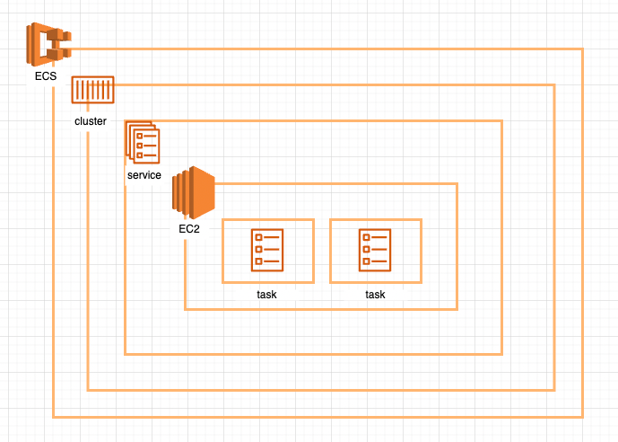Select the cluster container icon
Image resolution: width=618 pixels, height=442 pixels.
92,92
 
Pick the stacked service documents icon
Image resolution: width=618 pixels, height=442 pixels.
142,142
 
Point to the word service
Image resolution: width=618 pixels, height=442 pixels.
144,175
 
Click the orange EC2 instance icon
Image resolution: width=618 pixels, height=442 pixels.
192,192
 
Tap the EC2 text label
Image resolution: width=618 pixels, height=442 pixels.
189,229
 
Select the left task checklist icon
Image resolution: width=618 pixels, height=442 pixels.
267,249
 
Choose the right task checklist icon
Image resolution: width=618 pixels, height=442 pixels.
375,249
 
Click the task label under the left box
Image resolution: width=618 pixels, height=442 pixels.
267,295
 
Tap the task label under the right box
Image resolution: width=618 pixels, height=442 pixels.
375,295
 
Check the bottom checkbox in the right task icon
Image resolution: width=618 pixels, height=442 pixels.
367,261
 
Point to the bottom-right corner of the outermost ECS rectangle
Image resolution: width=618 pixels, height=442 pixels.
583,418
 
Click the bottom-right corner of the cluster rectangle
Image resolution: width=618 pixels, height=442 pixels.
554,391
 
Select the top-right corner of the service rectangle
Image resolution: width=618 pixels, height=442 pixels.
501,120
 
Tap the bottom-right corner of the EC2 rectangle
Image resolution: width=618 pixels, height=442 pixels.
457,310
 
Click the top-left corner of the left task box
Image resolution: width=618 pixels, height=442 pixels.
222,219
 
